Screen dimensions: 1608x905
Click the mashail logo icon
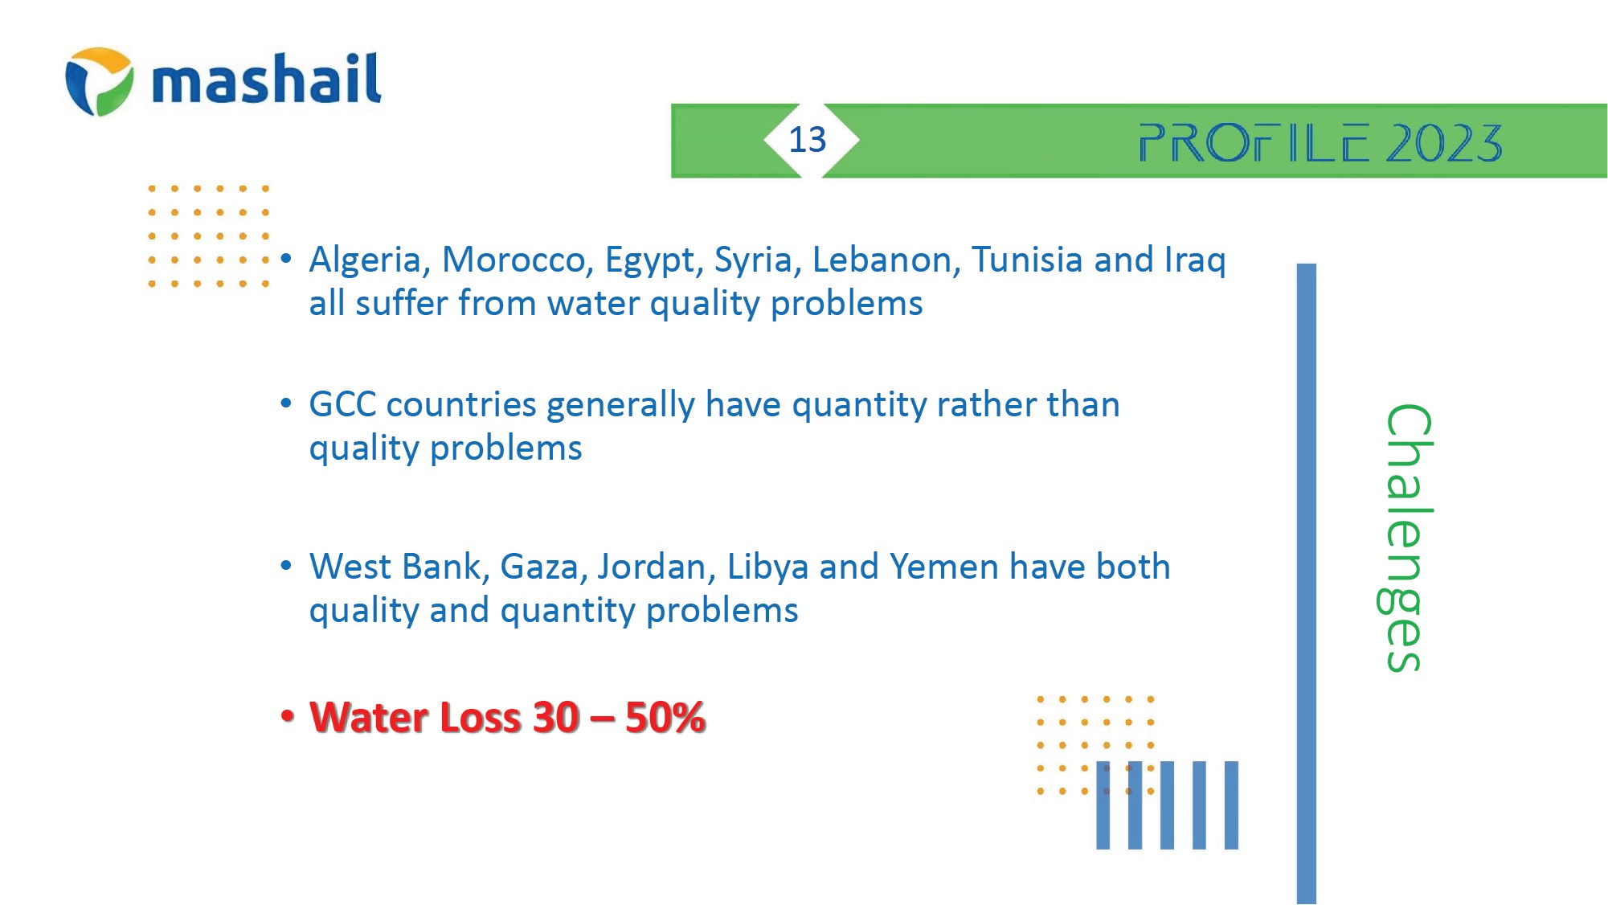coord(100,81)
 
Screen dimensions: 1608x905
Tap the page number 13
coord(807,140)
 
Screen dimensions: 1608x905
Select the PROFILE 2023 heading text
coord(1320,143)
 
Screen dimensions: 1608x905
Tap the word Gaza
coord(544,567)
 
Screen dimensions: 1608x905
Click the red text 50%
coord(665,718)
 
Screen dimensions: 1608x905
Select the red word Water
coord(366,718)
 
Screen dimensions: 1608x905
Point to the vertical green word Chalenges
coord(1405,538)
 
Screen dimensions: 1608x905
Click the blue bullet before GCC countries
coord(286,403)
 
